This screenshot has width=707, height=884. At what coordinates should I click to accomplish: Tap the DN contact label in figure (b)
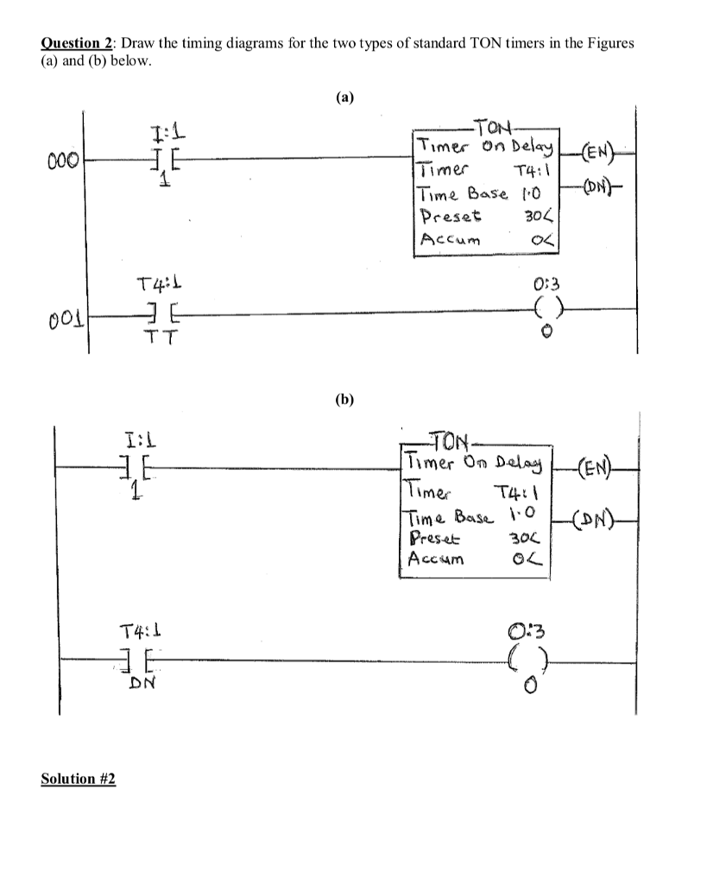point(141,684)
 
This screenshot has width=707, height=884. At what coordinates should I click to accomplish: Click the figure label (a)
point(345,98)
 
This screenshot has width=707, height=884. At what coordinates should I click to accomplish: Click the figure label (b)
point(345,400)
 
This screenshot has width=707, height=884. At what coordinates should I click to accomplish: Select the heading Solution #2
point(79,779)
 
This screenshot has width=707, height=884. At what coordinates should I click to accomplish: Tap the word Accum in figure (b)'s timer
point(438,558)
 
